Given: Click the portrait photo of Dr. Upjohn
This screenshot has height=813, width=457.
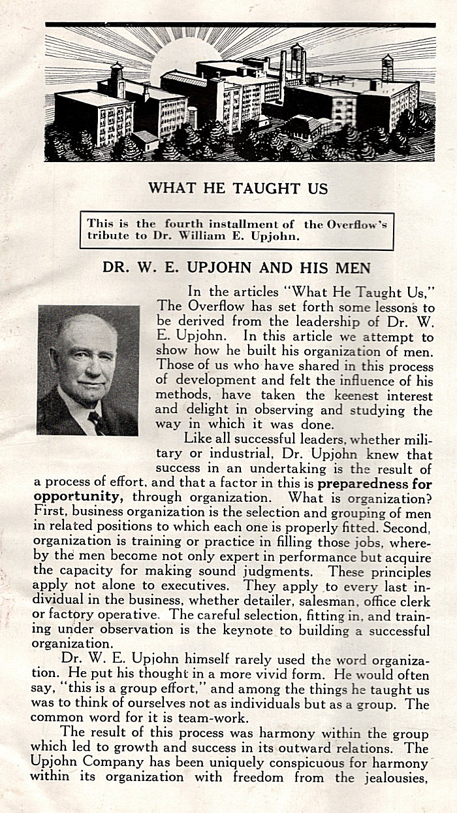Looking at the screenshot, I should pyautogui.click(x=88, y=370).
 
